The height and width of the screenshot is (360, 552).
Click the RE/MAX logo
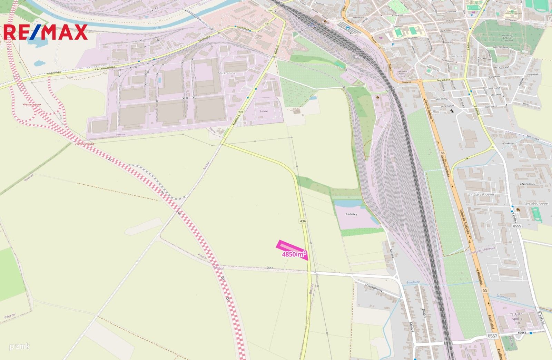(x=45, y=32)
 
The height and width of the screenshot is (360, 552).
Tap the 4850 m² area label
(x=294, y=254)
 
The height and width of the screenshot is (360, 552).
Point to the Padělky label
(x=351, y=214)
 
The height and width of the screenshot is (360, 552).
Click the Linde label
(x=264, y=111)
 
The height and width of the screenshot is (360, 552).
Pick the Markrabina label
(x=227, y=74)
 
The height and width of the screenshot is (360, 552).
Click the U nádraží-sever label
(x=481, y=195)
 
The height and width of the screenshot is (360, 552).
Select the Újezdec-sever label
(x=536, y=204)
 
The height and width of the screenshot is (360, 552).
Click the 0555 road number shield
(x=517, y=226)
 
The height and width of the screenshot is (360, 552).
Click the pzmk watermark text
(x=20, y=346)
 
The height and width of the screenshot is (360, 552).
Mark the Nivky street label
(x=522, y=333)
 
